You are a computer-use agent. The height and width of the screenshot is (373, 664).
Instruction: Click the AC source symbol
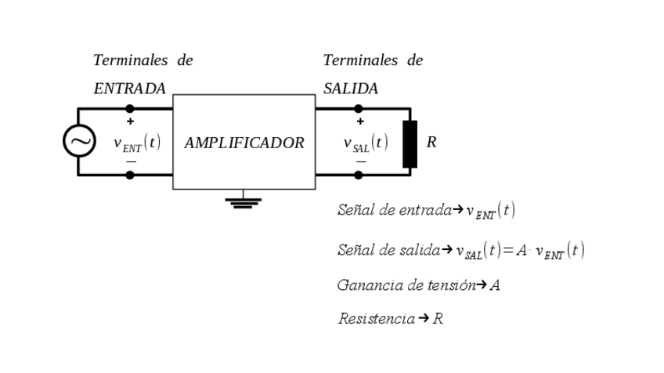coord(79,141)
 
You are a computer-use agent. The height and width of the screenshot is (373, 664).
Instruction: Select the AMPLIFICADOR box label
coord(244,143)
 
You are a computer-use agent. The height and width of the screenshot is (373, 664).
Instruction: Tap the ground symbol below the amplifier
coord(243,202)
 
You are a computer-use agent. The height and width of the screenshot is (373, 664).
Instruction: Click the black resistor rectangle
coord(410,144)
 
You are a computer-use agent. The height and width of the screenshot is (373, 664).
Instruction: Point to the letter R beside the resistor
coord(431,143)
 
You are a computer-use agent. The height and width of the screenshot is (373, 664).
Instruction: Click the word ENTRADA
coord(129,89)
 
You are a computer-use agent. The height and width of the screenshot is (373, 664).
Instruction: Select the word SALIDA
coord(350,89)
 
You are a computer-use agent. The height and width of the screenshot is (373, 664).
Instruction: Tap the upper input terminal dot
coord(130,109)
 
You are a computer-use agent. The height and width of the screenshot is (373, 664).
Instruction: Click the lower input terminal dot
coord(130,175)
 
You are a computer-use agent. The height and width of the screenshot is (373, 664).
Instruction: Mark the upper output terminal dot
coord(358,109)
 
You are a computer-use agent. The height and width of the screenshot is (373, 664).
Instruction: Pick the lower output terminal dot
coord(358,175)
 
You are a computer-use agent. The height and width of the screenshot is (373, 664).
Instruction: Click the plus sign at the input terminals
coord(130,121)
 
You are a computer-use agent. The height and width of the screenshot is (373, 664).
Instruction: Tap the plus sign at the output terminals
coord(359,121)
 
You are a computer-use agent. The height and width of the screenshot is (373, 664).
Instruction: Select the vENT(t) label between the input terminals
coord(137,143)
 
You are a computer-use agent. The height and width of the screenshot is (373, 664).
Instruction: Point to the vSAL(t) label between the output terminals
coord(366,143)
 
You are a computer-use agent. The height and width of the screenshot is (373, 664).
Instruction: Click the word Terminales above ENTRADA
coord(130,60)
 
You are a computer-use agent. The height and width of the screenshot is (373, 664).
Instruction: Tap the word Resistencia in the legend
coord(376,319)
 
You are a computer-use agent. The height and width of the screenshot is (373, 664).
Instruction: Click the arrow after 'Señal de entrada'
coord(459,210)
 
